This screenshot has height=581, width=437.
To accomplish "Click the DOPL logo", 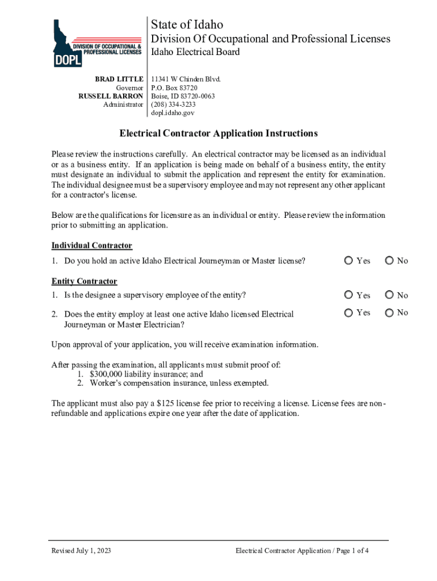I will pyautogui.click(x=96, y=43).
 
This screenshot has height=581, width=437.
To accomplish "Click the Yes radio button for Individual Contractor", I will pyautogui.click(x=348, y=260).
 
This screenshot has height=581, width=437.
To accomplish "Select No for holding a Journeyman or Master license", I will pyautogui.click(x=389, y=260).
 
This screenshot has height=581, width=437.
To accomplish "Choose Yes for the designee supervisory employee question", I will pyautogui.click(x=348, y=295).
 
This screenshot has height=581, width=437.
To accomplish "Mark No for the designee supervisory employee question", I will pyautogui.click(x=389, y=295).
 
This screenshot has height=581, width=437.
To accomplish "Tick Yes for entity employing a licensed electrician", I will pyautogui.click(x=348, y=312).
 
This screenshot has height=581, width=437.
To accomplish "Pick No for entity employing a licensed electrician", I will pyautogui.click(x=389, y=312).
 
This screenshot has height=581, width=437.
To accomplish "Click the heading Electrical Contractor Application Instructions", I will pyautogui.click(x=218, y=133).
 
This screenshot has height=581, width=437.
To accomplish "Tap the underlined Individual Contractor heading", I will pyautogui.click(x=91, y=245).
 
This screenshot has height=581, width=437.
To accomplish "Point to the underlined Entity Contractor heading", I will pyautogui.click(x=84, y=281).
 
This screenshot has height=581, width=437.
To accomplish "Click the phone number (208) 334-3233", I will pyautogui.click(x=173, y=104).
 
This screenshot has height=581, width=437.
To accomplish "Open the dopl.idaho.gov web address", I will pyautogui.click(x=173, y=113).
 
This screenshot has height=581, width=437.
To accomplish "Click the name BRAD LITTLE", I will pyautogui.click(x=119, y=79).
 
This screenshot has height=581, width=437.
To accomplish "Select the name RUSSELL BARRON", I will pyautogui.click(x=110, y=96).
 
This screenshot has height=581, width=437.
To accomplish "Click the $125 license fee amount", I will pyautogui.click(x=181, y=403).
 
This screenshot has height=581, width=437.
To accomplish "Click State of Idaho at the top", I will pyautogui.click(x=187, y=24).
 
